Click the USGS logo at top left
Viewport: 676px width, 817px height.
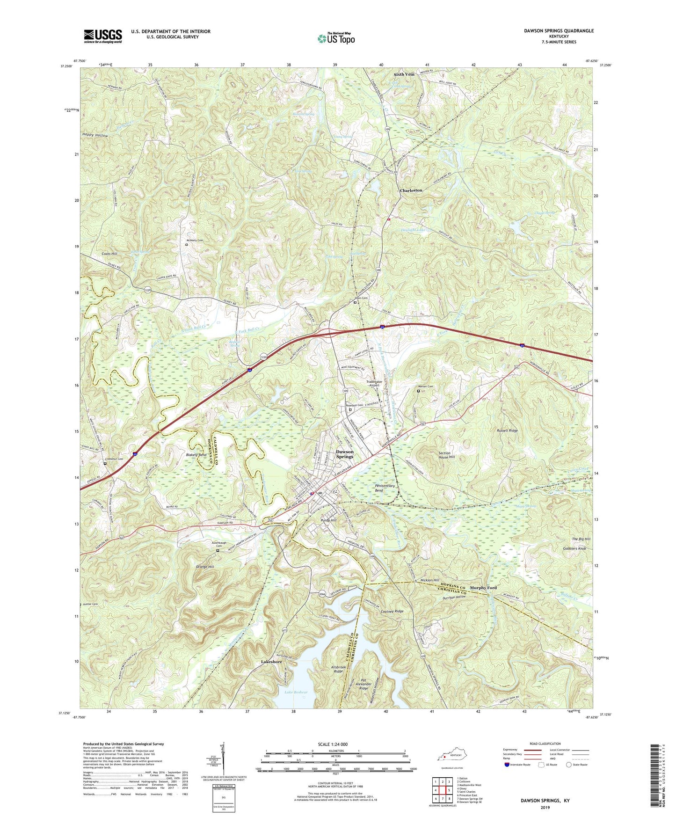[103, 36]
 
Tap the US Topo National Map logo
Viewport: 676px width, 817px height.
[335, 38]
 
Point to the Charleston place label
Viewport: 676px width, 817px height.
[411, 191]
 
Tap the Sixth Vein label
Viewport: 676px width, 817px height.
[404, 74]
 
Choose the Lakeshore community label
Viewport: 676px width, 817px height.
[271, 662]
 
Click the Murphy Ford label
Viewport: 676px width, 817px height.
[483, 588]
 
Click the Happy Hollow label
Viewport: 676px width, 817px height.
[95, 135]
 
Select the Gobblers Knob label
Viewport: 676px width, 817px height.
[575, 548]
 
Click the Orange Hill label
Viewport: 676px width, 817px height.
[205, 567]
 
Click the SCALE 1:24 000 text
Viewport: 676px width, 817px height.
[334, 744]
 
